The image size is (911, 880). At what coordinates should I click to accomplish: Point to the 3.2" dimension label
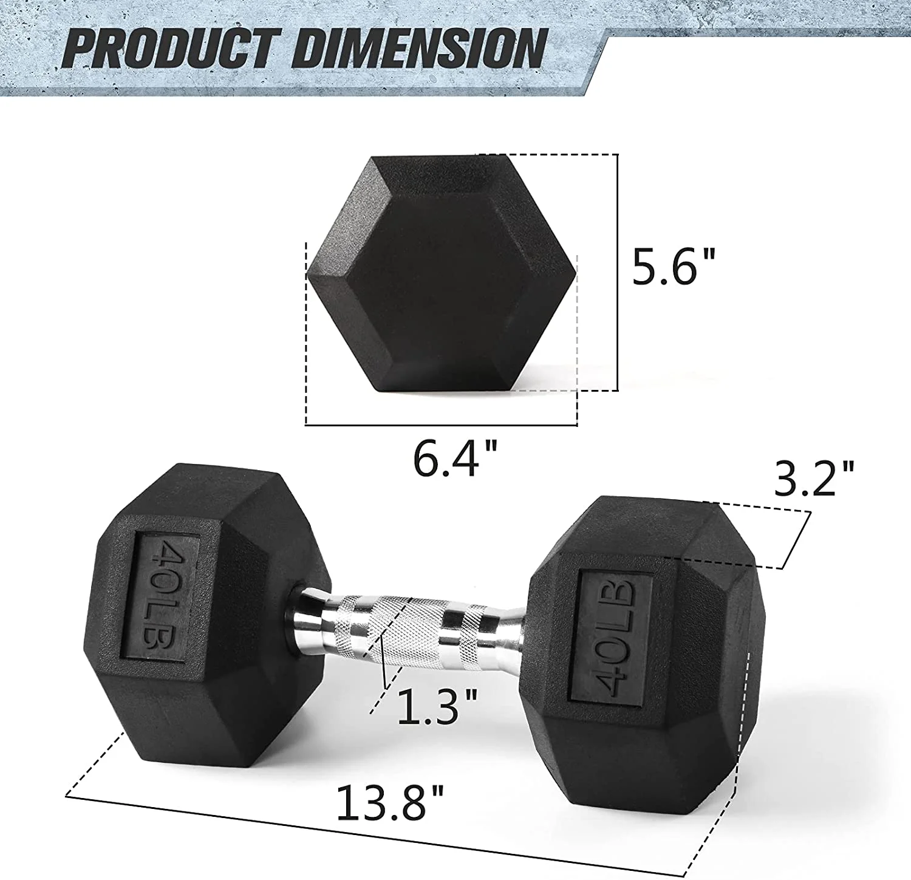[x=814, y=478]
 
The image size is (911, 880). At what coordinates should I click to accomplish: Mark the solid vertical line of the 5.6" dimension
[x=618, y=273]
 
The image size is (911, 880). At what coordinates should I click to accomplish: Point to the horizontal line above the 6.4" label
[x=441, y=425]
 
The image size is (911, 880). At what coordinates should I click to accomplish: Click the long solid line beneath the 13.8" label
[x=377, y=833]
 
